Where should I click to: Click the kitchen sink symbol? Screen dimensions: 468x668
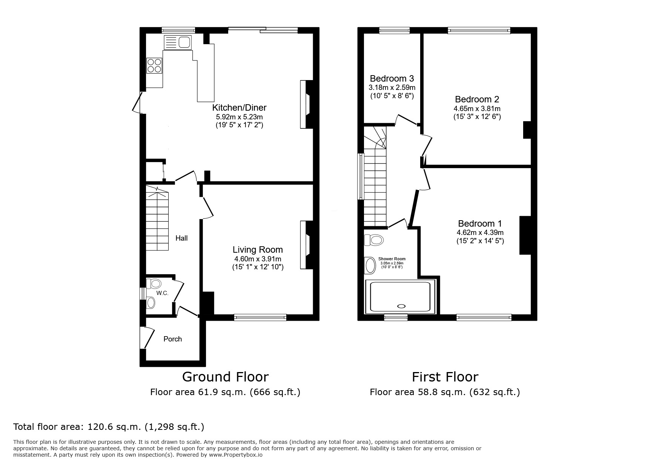click(178, 42)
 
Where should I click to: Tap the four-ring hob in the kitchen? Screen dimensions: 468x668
click(154, 65)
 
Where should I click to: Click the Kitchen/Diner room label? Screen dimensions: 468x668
click(239, 108)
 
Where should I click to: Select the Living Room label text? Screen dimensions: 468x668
click(258, 250)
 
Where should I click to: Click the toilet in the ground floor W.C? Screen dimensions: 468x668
click(154, 283)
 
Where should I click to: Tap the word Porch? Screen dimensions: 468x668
click(172, 339)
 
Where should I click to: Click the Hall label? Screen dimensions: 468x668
click(181, 238)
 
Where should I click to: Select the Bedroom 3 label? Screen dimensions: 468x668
click(392, 79)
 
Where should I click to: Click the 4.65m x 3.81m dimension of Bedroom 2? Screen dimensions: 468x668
click(477, 108)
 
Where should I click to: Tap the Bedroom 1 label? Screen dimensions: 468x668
click(480, 223)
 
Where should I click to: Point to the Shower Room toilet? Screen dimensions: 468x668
click(374, 239)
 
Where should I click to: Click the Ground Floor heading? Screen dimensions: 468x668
click(225, 377)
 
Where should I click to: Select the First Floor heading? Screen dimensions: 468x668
click(445, 377)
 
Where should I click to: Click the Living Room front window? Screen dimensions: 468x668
click(260, 318)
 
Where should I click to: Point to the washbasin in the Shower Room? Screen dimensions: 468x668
click(370, 266)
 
